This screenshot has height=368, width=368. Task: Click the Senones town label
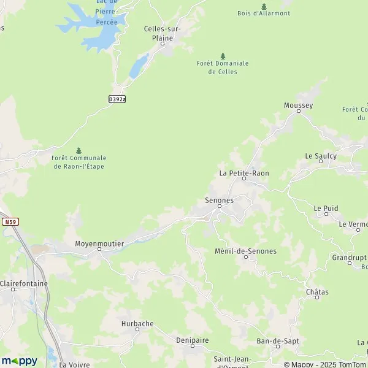pos(218,201)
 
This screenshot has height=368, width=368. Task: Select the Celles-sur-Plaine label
pos(162,33)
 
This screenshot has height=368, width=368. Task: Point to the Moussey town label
pos(298,105)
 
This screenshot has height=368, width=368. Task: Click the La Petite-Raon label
pos(244,174)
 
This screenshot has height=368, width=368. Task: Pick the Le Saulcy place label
pos(321,156)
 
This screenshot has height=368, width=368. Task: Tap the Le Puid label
pos(326,209)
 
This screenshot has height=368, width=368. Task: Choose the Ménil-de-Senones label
pos(246,251)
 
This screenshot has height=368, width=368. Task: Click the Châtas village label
pos(316,293)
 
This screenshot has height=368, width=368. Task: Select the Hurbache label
pos(137,323)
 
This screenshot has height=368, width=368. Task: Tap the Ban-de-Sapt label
pos(272,340)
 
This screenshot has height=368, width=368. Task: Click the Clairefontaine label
pos(24,284)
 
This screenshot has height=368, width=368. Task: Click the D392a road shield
pos(117,99)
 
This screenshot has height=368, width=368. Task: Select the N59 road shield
pos(9,221)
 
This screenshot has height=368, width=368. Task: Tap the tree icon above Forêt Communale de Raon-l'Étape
pos(79,150)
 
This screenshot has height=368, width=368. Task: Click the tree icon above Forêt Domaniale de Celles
pos(223,56)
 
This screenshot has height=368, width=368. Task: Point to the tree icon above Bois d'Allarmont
pos(264,6)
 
